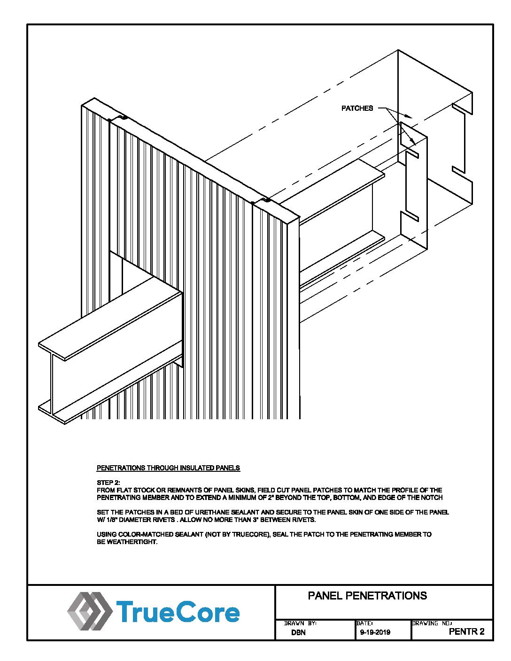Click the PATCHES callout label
[357, 108]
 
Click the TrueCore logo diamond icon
[89, 611]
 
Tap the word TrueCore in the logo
[178, 612]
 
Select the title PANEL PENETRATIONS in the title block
[367, 596]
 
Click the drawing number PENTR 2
[466, 631]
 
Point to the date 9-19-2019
[375, 632]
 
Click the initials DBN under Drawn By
[298, 632]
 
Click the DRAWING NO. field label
[432, 623]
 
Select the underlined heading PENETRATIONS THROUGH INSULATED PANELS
[168, 468]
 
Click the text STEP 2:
[108, 483]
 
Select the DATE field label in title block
[364, 623]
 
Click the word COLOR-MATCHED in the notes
[144, 534]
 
